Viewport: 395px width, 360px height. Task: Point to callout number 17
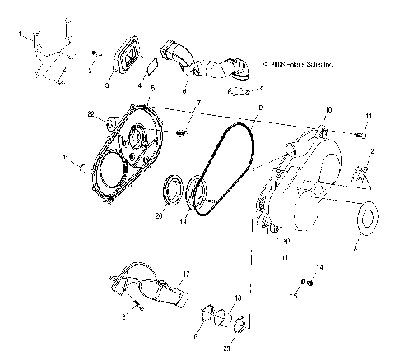(x=186, y=274)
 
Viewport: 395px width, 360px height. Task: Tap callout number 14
(x=320, y=268)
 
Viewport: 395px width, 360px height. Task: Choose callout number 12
(x=371, y=151)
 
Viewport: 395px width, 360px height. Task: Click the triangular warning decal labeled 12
(x=360, y=173)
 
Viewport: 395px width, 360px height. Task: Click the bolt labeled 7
(x=181, y=132)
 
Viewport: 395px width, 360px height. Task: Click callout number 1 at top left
(x=19, y=35)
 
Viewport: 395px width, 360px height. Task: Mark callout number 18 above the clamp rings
(x=238, y=297)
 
